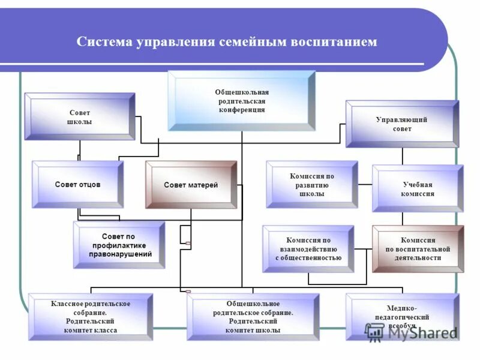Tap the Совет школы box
79,116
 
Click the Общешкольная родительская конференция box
241,100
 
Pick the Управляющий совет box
402,124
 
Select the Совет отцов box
77,184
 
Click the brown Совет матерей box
191,185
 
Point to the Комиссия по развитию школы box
311,185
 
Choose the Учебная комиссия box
418,188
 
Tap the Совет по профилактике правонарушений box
119,245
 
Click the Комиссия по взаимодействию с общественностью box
308,248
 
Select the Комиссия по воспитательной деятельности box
418,248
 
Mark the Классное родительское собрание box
91,317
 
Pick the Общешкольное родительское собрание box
253,317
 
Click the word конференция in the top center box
242,110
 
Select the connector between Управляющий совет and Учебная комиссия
402,156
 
